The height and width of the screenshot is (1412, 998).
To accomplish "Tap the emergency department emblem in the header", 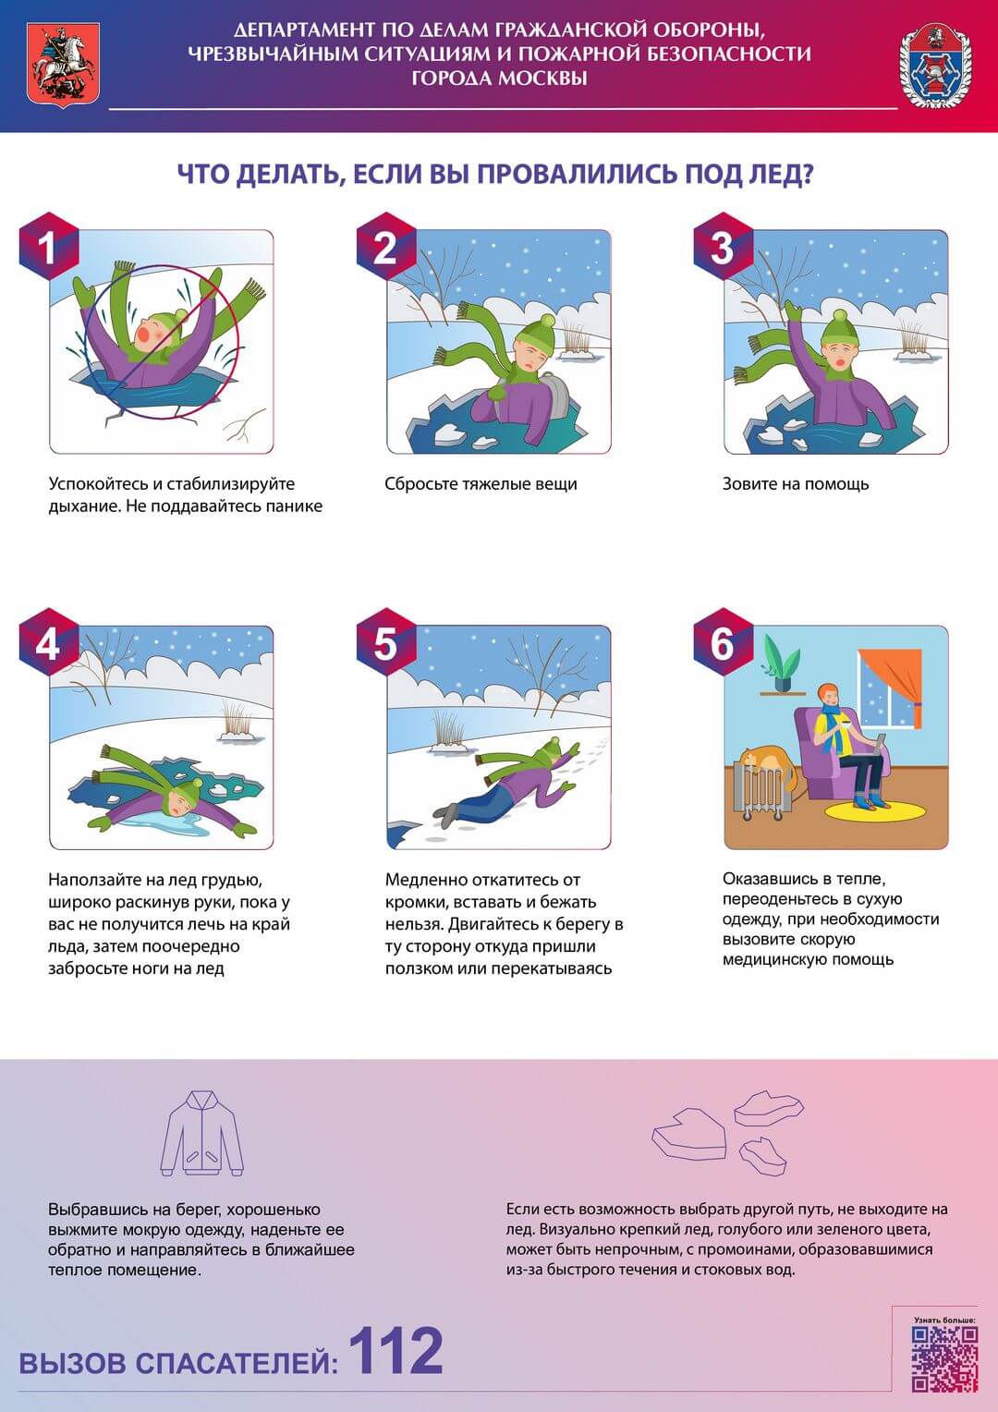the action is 935,67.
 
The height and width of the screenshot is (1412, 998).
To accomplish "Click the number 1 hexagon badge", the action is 49,247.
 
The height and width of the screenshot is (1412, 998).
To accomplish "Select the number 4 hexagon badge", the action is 49,643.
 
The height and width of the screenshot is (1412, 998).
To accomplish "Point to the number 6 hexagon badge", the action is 724,643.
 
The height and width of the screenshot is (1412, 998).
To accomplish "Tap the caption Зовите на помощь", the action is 795,484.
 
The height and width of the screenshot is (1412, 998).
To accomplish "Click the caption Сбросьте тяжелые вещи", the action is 481,484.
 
